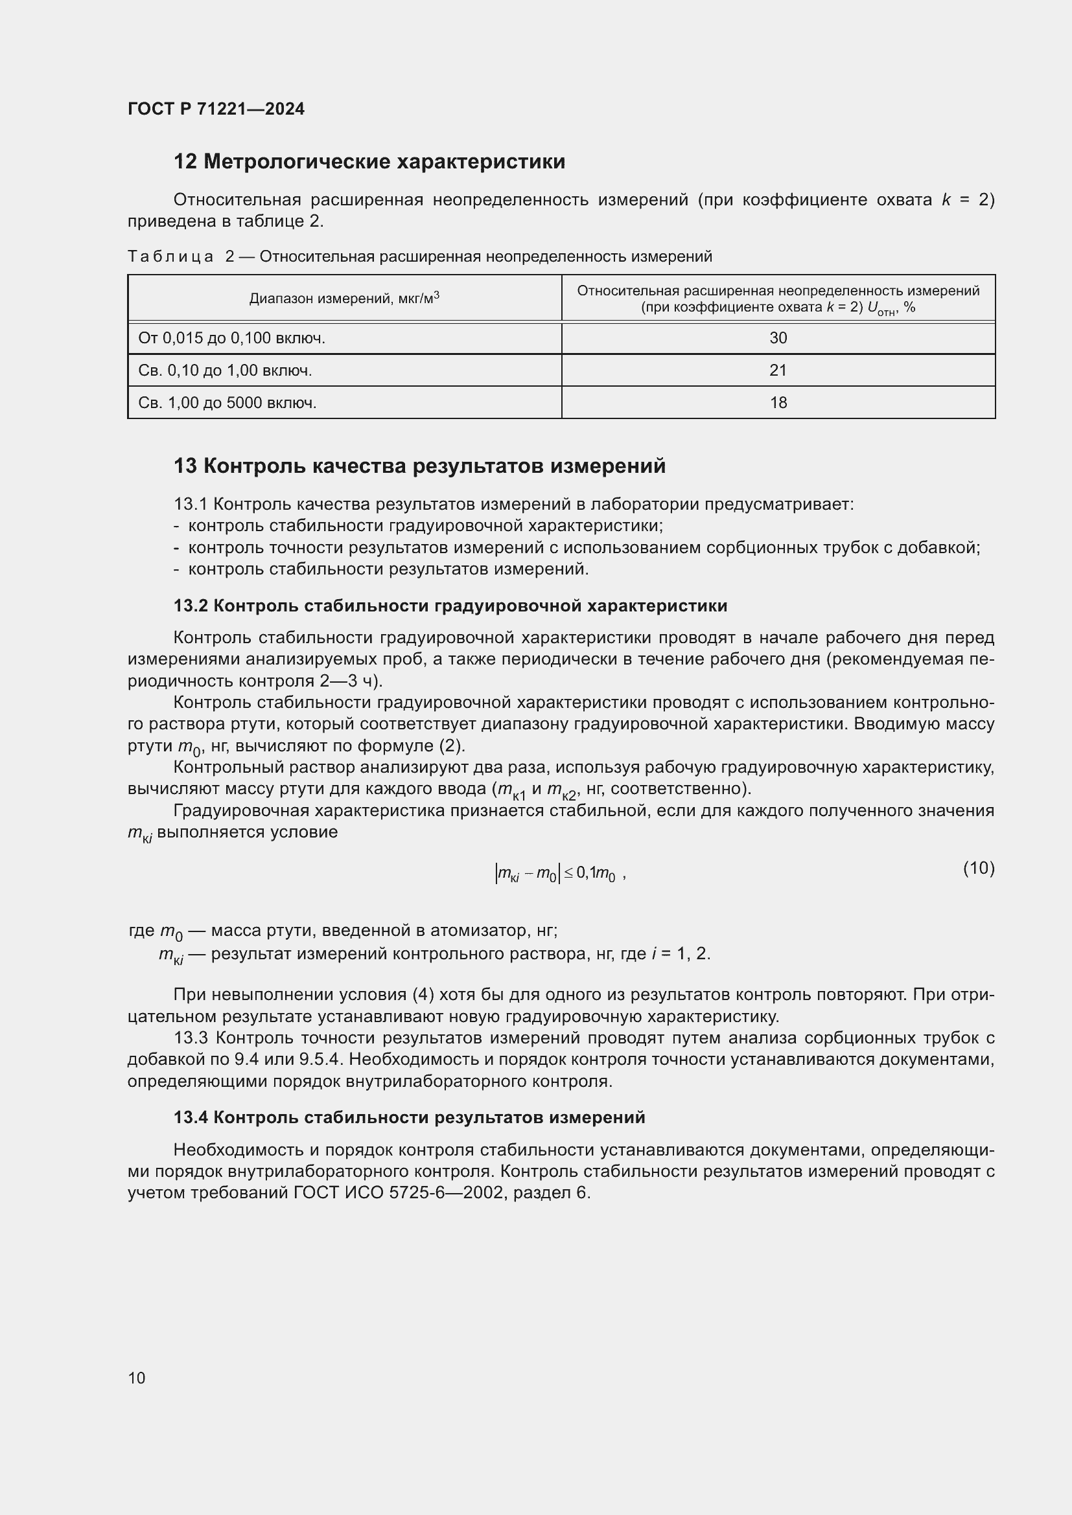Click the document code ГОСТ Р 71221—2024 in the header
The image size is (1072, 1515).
coord(216,109)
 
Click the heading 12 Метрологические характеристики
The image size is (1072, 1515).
coord(369,162)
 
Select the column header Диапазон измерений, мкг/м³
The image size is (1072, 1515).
coord(344,299)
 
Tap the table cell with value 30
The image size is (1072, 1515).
coord(778,339)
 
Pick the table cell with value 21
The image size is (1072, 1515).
coord(778,370)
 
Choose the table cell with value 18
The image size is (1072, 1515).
coord(778,402)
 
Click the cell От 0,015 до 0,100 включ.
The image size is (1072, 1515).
coord(231,339)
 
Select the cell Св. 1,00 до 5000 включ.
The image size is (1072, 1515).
coord(227,402)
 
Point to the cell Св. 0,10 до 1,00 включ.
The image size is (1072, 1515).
coord(225,370)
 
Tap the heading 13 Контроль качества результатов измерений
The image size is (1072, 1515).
coord(419,466)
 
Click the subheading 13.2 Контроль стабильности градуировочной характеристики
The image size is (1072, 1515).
coord(450,606)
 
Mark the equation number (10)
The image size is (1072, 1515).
coord(978,869)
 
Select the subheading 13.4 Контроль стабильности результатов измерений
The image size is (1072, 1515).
coord(409,1117)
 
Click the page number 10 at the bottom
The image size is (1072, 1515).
coord(137,1378)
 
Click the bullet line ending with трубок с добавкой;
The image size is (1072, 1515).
coord(583,548)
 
